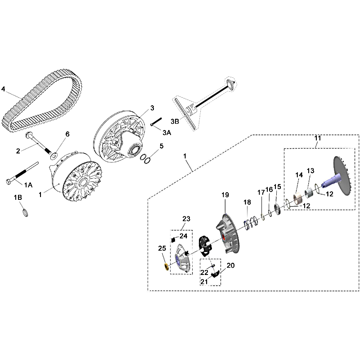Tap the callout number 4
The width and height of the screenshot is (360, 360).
(3, 89)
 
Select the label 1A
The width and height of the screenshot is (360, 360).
(28, 185)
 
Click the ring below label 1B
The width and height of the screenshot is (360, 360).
(26, 213)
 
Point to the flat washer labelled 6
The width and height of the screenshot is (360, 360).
(54, 156)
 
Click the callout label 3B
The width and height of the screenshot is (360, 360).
(175, 121)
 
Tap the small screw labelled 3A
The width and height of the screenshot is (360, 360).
(156, 121)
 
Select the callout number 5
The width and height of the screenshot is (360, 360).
(162, 146)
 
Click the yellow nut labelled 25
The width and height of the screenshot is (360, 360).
(166, 267)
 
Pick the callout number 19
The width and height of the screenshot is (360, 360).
(225, 195)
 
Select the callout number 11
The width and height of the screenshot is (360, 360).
(318, 138)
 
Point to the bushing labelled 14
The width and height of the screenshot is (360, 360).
(298, 199)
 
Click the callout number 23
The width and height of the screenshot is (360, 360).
(186, 219)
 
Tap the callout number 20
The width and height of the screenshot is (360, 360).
(230, 265)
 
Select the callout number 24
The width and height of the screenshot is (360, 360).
(184, 236)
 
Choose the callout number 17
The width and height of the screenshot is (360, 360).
(261, 193)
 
